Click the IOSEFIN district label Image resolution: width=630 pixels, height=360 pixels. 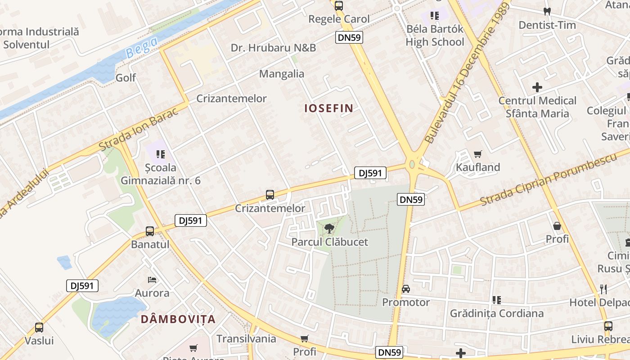(329, 108)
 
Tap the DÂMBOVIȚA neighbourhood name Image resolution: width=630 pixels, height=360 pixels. (178, 319)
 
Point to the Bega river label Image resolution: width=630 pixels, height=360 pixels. (142, 47)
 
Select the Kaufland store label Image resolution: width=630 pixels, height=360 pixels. (478, 167)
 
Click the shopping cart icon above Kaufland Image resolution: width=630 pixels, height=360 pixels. (478, 154)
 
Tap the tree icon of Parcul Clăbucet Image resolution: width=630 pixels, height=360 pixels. (329, 228)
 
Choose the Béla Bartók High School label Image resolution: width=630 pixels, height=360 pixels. (435, 36)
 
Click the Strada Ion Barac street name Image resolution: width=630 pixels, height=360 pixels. (139, 129)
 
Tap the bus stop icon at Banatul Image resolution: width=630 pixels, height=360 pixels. (150, 231)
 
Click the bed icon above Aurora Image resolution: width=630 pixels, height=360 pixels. (152, 280)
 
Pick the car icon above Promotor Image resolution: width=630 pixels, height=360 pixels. (406, 289)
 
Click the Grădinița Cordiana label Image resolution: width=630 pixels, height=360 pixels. (497, 313)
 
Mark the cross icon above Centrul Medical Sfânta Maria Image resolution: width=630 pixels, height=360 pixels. (537, 87)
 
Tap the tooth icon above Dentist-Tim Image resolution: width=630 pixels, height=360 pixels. (547, 12)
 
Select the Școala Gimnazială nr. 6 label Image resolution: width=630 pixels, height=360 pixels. (161, 174)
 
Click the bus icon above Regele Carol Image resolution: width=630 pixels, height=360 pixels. (339, 6)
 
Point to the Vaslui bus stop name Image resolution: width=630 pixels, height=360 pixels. (39, 341)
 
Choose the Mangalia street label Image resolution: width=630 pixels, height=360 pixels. (282, 74)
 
